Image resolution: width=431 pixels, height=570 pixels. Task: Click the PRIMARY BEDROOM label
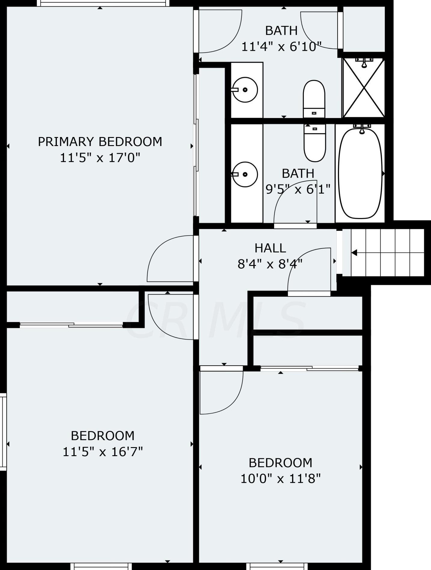[x=100, y=142]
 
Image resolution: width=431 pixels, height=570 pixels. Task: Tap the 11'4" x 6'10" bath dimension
[x=281, y=47]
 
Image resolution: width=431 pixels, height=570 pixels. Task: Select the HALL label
[x=270, y=248]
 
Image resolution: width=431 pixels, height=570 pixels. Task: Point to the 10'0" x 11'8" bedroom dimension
[x=280, y=478]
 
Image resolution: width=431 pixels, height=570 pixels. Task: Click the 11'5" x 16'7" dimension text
[x=102, y=451]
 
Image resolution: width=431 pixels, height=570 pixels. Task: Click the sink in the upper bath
[x=245, y=90]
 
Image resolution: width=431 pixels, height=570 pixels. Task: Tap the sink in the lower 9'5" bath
[x=245, y=174]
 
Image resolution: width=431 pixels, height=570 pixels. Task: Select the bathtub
[x=360, y=174]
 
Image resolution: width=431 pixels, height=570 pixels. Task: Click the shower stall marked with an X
[x=364, y=88]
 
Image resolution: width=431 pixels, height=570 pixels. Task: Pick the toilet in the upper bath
[x=314, y=98]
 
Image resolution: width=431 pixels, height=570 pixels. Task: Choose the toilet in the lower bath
[x=315, y=143]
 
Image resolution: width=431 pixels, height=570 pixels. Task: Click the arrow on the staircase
[x=354, y=253]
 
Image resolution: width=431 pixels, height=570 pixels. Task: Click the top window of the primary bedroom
[x=103, y=3]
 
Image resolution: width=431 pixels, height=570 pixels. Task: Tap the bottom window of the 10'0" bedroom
[x=277, y=566]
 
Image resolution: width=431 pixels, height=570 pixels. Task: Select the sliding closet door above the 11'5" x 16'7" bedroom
[x=71, y=325]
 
